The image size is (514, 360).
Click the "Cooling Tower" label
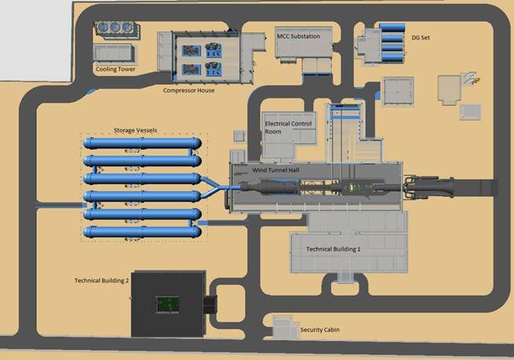pyautogui.click(x=115, y=69)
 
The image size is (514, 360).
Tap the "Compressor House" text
pyautogui.click(x=188, y=90)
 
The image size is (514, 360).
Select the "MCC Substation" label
pyautogui.click(x=298, y=35)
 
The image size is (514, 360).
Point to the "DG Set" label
pyautogui.click(x=421, y=37)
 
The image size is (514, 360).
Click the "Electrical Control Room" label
pyautogui.click(x=288, y=128)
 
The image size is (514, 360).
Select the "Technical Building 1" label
pyautogui.click(x=333, y=248)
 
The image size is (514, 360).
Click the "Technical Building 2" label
pyautogui.click(x=101, y=280)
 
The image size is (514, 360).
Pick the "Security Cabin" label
pyautogui.click(x=322, y=330)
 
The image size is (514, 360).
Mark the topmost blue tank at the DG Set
pyautogui.click(x=391, y=27)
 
